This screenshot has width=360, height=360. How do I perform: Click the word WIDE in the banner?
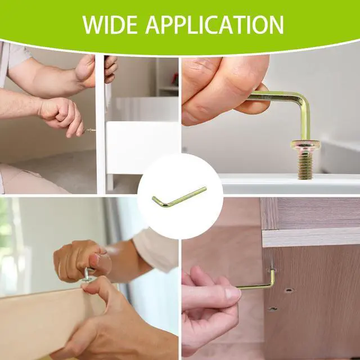110,25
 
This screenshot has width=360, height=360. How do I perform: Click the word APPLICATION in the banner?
214,25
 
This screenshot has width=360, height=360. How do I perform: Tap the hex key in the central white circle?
179,197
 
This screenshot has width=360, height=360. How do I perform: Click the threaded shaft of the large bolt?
305,165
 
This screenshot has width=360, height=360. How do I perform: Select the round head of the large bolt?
305,145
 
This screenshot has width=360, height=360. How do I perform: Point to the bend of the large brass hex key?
303,99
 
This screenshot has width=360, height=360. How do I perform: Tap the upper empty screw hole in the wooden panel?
289,290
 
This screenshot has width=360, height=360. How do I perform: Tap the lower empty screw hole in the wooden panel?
272,309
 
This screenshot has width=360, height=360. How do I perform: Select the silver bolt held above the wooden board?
88,274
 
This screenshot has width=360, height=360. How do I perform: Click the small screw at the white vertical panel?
90,130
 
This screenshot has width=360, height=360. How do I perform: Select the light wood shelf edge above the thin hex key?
311,238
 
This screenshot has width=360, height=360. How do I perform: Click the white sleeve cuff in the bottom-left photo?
156,250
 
